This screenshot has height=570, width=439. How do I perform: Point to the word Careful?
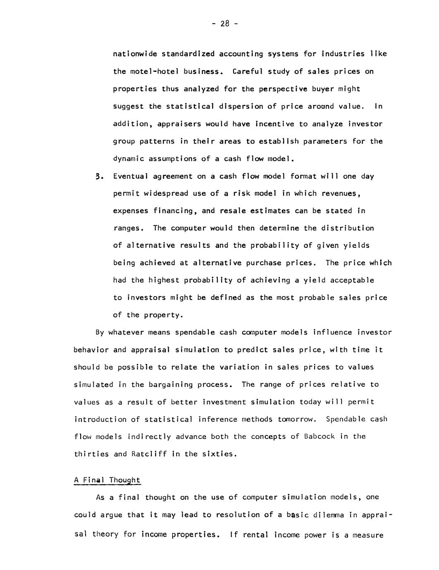[248, 71]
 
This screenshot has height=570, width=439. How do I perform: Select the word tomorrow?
[297, 419]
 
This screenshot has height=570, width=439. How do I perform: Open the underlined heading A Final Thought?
[107, 480]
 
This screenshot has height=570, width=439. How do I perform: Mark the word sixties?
[219, 454]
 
